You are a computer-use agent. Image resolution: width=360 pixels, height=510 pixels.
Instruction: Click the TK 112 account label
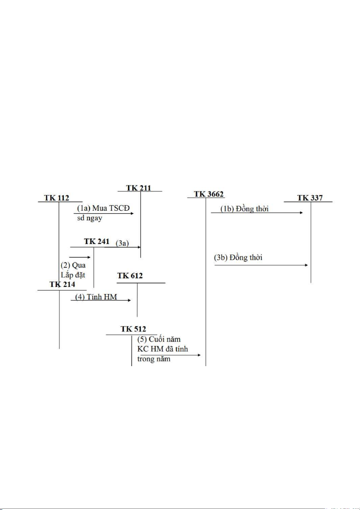57,197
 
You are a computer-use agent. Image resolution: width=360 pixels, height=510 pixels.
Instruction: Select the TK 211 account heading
138,188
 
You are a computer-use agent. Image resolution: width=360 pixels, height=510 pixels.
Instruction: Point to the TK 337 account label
309,198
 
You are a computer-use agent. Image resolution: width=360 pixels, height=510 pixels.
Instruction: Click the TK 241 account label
97,242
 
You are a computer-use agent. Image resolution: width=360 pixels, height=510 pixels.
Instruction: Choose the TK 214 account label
62,284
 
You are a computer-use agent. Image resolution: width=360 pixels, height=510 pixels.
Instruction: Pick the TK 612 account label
130,276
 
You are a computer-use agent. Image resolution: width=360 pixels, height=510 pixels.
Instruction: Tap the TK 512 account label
133,329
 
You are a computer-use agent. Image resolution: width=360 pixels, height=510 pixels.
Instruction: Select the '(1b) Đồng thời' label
241,209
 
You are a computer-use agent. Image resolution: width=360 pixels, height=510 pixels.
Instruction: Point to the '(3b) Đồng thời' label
238,258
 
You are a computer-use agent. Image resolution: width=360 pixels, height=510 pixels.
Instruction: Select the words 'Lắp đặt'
72,274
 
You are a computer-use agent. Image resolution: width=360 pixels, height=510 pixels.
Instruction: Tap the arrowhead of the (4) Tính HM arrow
129,301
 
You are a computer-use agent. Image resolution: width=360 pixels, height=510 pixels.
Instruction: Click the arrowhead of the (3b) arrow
306,265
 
